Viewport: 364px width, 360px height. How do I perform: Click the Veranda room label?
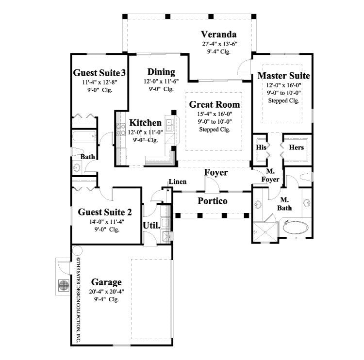219,34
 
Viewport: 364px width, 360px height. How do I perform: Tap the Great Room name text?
214,104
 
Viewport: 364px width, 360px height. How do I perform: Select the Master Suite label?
283,76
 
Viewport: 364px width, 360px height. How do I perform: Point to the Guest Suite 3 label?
99,73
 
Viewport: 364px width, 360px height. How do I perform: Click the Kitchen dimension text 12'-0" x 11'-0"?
145,132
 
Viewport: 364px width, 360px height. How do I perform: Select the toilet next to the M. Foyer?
306,177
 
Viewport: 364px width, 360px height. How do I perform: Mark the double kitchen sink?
169,125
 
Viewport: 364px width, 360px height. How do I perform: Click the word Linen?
176,182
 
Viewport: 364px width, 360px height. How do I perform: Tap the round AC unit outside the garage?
63,285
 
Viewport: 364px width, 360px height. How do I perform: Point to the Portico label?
213,201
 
